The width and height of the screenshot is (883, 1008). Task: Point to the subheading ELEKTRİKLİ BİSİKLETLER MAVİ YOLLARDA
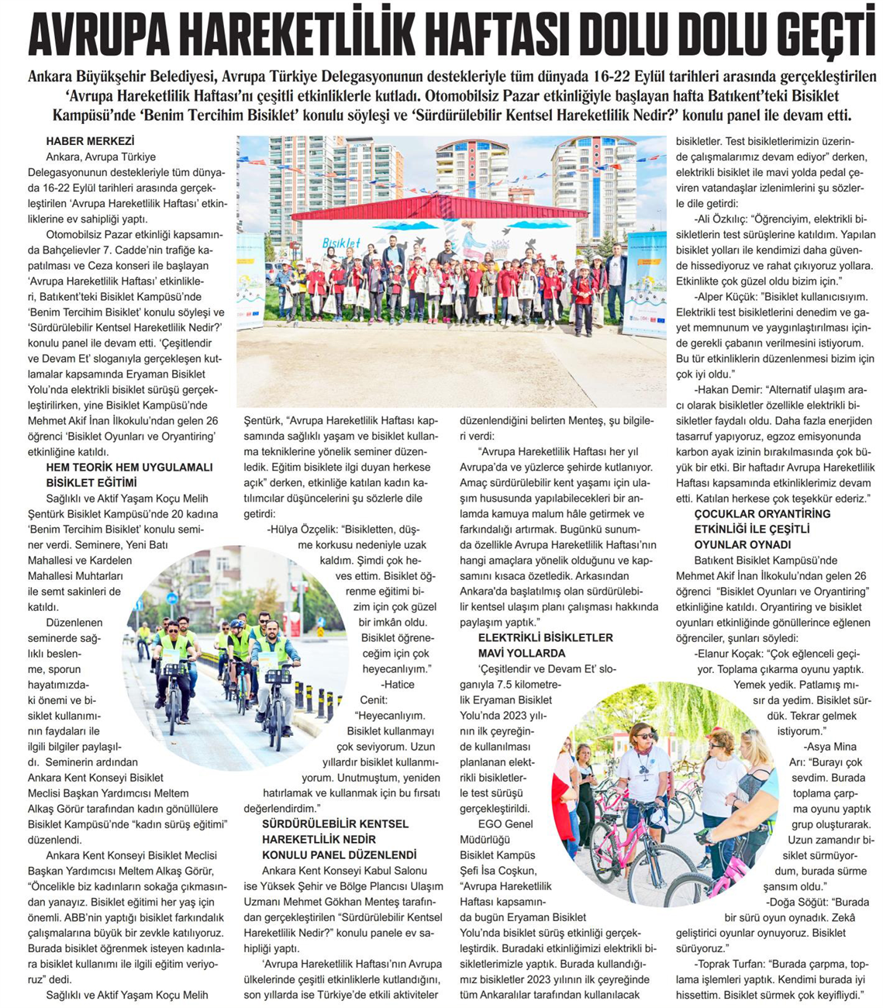tap(546, 645)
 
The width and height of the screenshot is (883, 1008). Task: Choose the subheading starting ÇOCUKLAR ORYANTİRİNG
tap(751, 529)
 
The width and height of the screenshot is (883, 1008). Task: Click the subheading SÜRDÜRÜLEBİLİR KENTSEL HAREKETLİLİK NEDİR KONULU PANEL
tap(339, 839)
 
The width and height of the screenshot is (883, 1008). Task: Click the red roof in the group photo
tap(439, 207)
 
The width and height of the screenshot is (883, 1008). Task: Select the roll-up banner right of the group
tap(645, 283)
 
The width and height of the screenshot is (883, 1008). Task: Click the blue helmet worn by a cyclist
tap(223, 625)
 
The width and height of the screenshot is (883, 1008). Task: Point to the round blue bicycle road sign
tap(172, 598)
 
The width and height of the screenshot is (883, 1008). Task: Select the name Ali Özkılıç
tap(724, 219)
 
